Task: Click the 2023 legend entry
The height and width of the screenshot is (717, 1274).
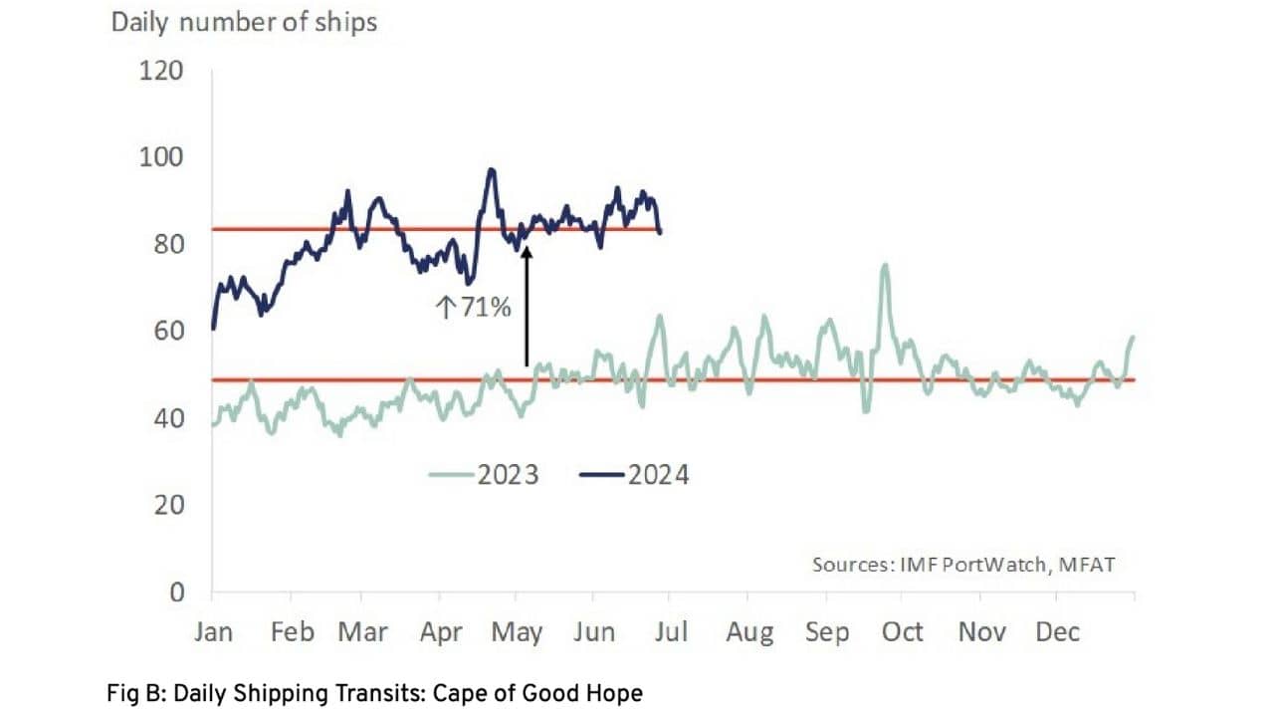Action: click(485, 474)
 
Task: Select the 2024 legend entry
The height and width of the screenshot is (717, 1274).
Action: click(635, 474)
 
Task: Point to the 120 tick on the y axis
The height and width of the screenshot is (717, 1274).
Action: click(162, 71)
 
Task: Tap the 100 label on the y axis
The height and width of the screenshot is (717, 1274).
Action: click(162, 157)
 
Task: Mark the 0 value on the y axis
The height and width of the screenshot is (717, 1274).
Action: click(177, 592)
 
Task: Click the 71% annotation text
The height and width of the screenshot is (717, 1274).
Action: click(474, 308)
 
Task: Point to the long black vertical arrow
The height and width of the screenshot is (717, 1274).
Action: click(527, 309)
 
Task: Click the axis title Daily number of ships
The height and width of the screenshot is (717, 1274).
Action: click(244, 22)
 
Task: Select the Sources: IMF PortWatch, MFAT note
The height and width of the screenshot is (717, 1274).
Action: click(963, 565)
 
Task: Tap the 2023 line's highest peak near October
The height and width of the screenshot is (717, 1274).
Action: click(884, 266)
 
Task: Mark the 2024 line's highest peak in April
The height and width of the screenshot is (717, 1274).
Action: click(491, 170)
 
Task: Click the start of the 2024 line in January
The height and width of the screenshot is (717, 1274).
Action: click(214, 328)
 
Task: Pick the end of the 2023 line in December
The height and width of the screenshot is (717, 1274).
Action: click(1134, 338)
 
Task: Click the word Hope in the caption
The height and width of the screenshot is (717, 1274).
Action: click(618, 693)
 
